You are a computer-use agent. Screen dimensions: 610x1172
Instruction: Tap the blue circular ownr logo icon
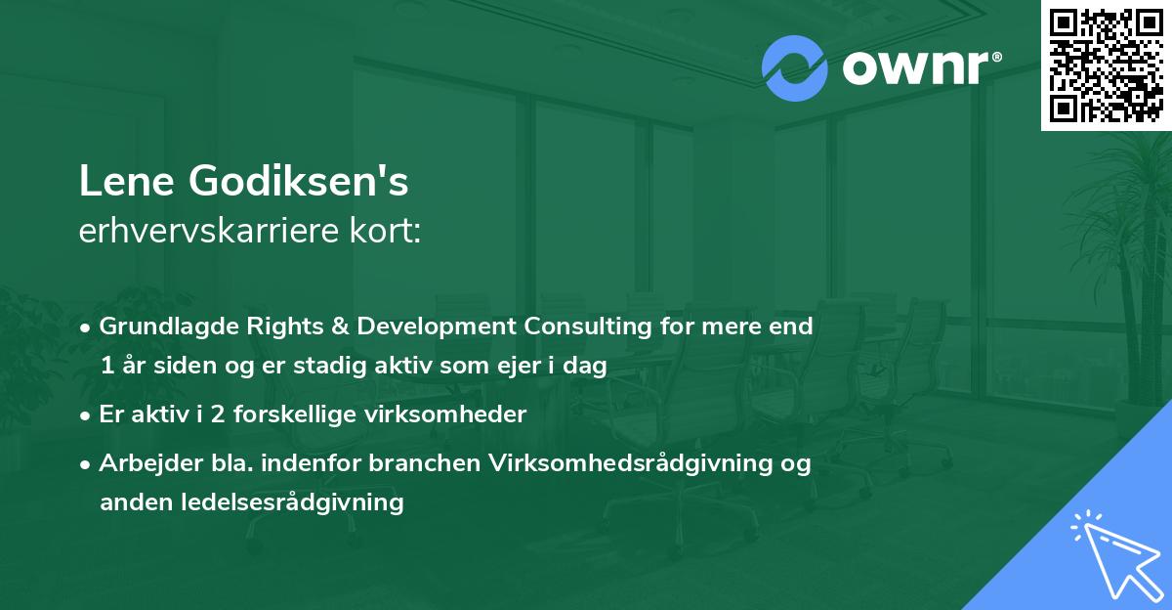tap(795, 68)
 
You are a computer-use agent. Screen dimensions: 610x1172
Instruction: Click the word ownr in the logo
tap(910, 68)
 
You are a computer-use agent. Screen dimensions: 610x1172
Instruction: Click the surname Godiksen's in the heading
tap(292, 182)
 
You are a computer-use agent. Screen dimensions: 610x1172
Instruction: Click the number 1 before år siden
tap(105, 366)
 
